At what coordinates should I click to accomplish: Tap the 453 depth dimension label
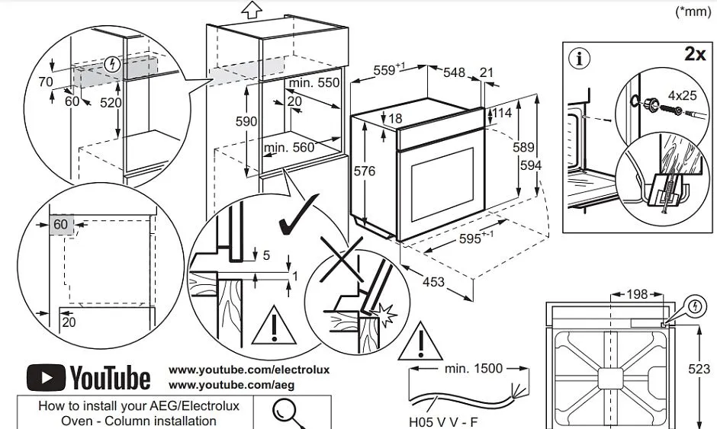click(433, 282)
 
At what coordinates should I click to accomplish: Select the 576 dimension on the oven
click(365, 171)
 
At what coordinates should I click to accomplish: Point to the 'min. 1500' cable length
click(473, 369)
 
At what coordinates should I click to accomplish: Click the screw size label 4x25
click(682, 97)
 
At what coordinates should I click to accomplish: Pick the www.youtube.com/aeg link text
click(231, 385)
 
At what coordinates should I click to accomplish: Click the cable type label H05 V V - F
click(443, 421)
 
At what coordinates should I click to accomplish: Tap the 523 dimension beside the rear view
click(699, 369)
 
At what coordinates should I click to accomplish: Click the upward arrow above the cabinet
click(251, 9)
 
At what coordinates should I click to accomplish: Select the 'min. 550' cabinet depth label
click(313, 82)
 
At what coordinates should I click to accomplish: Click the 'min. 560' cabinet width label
click(289, 148)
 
